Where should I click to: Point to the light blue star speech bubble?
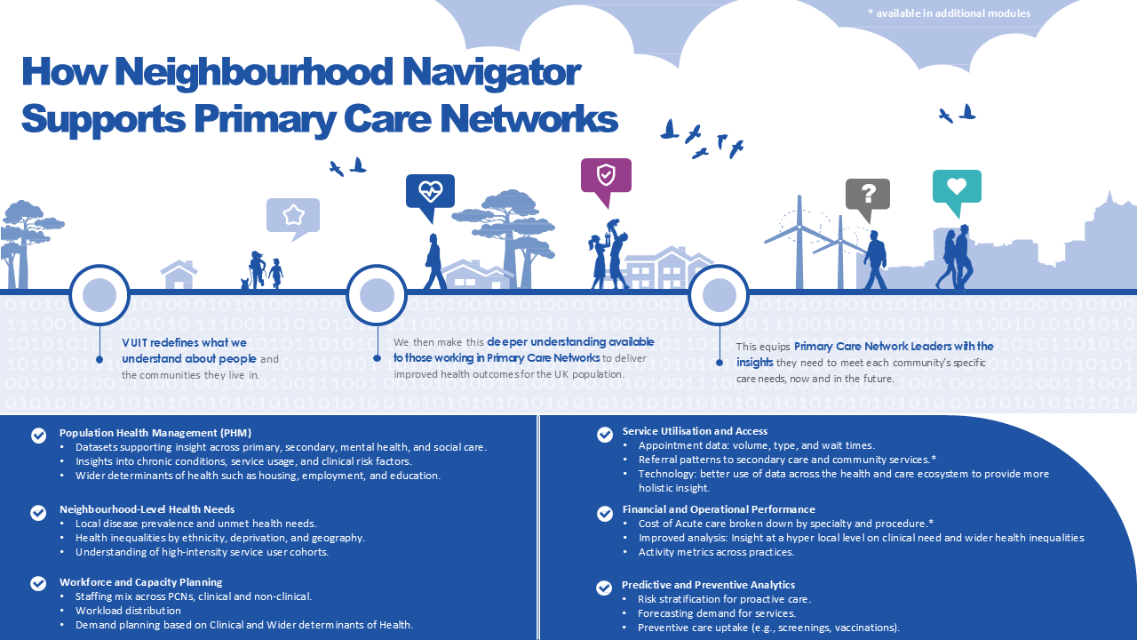tap(293, 219)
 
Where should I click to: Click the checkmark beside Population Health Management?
tap(38, 436)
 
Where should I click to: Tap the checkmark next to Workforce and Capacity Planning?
tap(38, 583)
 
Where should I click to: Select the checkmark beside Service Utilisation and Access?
tap(605, 435)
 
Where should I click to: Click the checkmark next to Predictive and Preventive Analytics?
tap(603, 588)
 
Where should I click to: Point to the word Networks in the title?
tap(529, 119)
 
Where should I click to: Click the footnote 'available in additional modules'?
tap(950, 13)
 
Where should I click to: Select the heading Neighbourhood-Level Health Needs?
tap(147, 509)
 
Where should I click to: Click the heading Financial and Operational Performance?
tap(719, 509)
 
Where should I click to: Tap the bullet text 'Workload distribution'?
tap(129, 611)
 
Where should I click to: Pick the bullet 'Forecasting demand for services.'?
tap(717, 613)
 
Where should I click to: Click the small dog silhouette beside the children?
tap(246, 284)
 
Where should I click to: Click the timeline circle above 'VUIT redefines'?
tap(99, 294)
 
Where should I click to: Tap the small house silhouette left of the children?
tap(179, 275)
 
